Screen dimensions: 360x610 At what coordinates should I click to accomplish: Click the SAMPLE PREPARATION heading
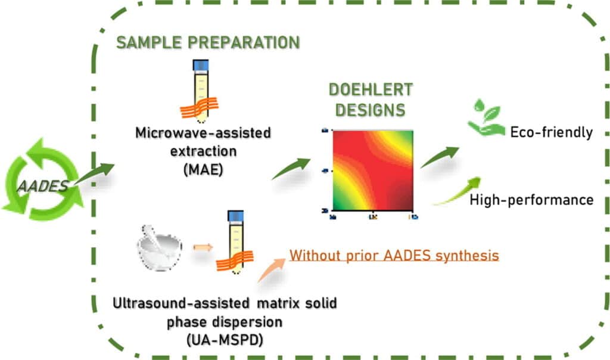(x=207, y=44)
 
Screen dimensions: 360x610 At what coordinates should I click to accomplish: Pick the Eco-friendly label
(x=551, y=132)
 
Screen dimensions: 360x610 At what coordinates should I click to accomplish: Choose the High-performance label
(x=531, y=200)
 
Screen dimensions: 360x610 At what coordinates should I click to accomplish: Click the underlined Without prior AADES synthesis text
(x=394, y=256)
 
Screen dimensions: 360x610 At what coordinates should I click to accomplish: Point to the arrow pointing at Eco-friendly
(x=440, y=157)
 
